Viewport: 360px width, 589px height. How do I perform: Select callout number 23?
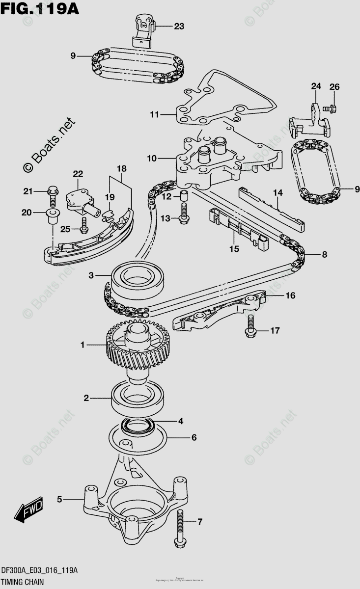[x=179, y=27]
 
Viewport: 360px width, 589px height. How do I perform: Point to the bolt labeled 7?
[x=179, y=528]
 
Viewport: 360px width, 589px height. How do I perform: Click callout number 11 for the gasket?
[x=155, y=115]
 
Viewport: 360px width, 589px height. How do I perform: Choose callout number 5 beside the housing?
[x=59, y=500]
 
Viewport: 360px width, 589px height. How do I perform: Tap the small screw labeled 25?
[x=84, y=227]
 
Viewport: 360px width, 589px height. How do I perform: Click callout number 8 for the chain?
[x=324, y=254]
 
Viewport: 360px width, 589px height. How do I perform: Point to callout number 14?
[x=278, y=193]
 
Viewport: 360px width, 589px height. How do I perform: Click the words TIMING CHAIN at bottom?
[x=25, y=582]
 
